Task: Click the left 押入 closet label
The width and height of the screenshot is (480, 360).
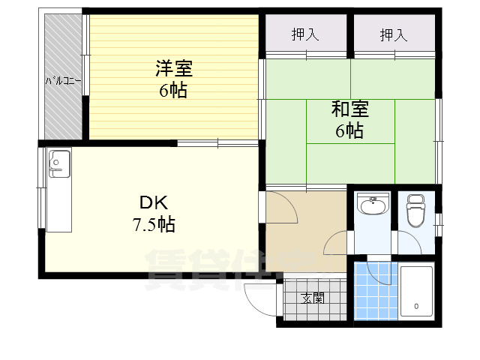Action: [304, 34]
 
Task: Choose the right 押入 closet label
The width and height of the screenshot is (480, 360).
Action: [393, 34]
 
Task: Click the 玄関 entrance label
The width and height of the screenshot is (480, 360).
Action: [313, 298]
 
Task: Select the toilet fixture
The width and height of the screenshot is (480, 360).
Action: [415, 211]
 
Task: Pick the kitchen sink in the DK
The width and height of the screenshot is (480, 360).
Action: [58, 163]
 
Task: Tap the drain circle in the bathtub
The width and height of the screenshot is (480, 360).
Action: [416, 307]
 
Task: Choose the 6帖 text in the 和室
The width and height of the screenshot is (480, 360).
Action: [349, 131]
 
